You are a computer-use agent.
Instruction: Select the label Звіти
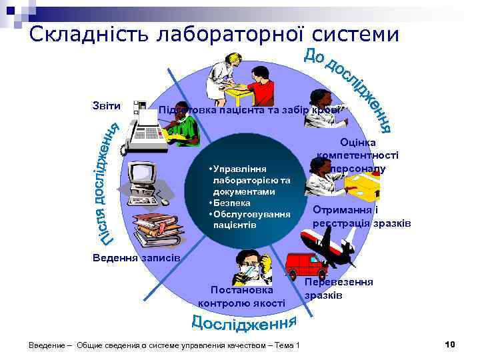point(107,105)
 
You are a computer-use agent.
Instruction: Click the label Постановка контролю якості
point(241,297)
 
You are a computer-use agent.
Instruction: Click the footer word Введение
point(47,345)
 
